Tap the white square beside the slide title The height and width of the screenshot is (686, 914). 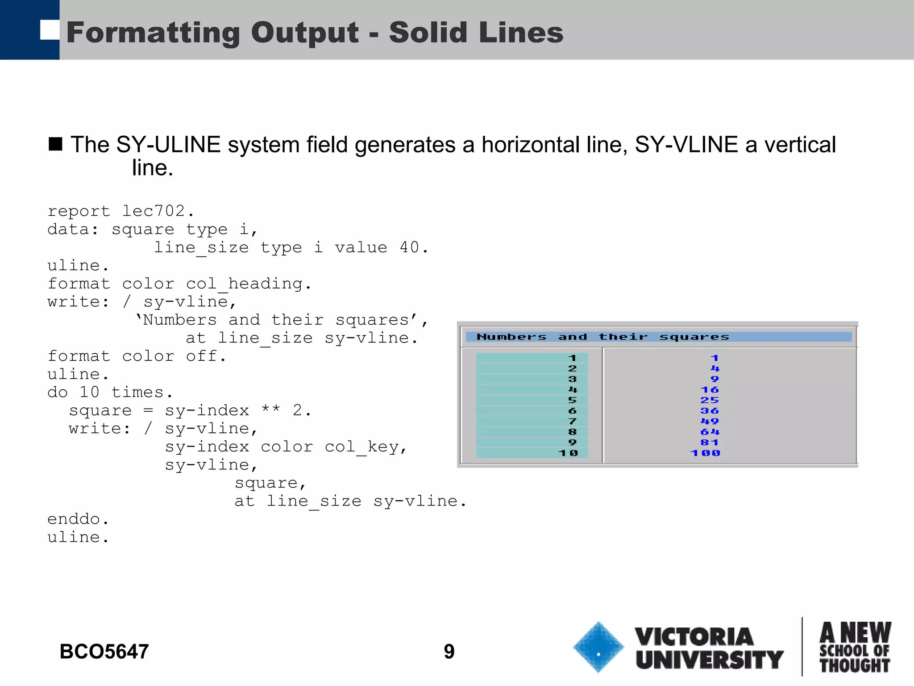pos(50,30)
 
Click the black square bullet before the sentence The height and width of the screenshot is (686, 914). pos(55,144)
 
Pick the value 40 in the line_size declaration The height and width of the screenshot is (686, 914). pos(409,247)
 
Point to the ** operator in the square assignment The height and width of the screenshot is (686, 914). pos(270,410)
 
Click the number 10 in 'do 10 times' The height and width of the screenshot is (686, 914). pos(89,392)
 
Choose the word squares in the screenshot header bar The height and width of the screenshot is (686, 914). pos(694,337)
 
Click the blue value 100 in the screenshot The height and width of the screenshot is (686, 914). pos(705,453)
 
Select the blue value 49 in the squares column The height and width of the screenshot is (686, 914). pos(710,421)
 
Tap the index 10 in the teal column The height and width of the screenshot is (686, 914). pos(568,453)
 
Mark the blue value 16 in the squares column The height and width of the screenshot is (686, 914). pos(710,390)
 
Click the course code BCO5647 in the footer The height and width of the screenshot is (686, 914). pos(104,652)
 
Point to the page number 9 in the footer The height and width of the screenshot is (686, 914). pos(449,652)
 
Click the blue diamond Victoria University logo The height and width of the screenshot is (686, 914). pos(598,647)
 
